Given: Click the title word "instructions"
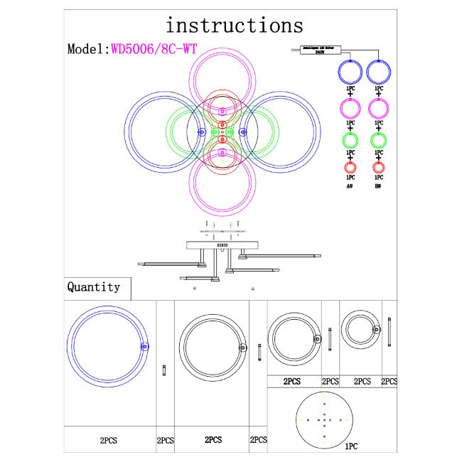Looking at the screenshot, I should (234, 26).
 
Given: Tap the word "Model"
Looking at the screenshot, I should (85, 50).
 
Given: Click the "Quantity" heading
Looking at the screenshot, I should (93, 287).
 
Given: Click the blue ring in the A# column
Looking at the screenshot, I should (350, 72).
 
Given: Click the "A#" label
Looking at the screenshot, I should (350, 186).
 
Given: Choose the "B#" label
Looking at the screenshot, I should (378, 186).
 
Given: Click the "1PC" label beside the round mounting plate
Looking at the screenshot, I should (350, 447).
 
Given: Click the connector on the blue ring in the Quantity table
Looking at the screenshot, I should (145, 346).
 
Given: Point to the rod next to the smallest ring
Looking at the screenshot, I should (390, 331).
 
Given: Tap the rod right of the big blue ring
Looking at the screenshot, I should (165, 370).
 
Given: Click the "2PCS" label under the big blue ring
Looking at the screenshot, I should (109, 441).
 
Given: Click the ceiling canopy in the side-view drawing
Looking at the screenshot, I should (222, 245).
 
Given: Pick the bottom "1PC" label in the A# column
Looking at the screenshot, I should (350, 177).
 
